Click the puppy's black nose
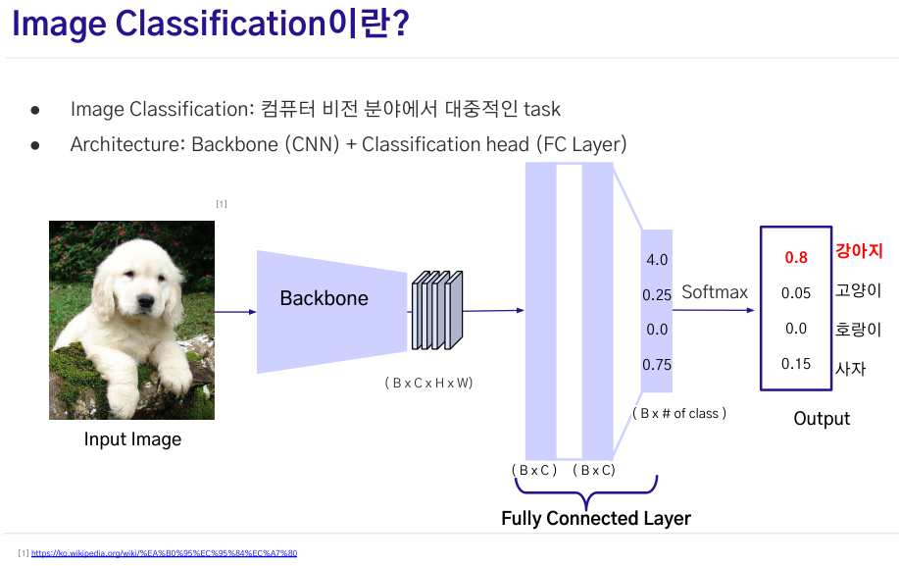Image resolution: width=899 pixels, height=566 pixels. coord(145,300)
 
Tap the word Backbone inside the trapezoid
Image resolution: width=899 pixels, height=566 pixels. coord(324,298)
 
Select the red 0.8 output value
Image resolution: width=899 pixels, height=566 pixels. coord(796,257)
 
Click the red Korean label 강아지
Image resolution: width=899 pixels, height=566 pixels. coord(858,250)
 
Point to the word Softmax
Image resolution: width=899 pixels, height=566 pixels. coord(715,292)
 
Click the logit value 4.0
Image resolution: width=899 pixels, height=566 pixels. coord(657,260)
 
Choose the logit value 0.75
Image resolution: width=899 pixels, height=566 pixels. coord(657,365)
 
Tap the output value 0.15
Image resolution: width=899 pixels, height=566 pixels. coord(796,364)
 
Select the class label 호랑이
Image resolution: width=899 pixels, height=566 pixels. coord(858,330)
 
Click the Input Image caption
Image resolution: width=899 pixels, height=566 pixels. coord(132,439)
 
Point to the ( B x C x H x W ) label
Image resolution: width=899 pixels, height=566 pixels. coord(428,384)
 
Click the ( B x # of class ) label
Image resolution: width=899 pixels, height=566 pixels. coord(679,413)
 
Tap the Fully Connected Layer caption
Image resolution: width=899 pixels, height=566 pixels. coord(596,518)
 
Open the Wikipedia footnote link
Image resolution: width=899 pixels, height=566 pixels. coord(164,553)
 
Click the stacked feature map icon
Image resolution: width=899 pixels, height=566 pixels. coord(437,310)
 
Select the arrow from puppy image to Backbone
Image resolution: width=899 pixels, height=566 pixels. coord(235,312)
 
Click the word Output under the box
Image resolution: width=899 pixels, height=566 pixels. coord(822,419)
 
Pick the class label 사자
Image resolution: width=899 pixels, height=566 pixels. coord(850,368)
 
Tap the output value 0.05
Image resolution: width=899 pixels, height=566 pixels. coord(796,293)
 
